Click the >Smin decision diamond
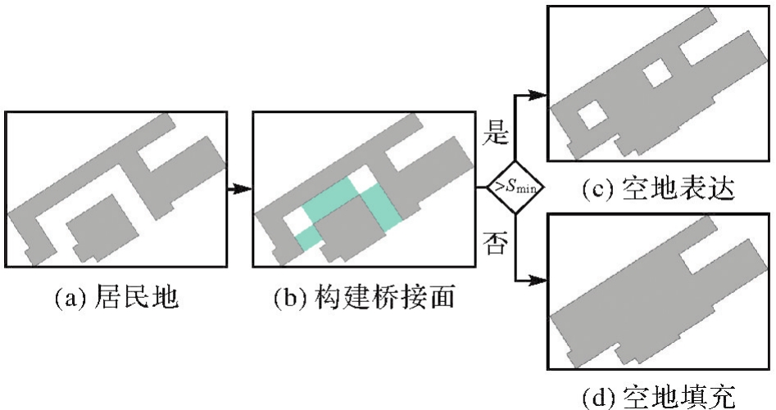coord(513,187)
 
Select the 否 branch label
coord(493,244)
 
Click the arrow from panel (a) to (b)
coord(239,188)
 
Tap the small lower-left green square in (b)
coord(308,237)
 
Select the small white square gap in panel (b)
coord(293,222)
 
